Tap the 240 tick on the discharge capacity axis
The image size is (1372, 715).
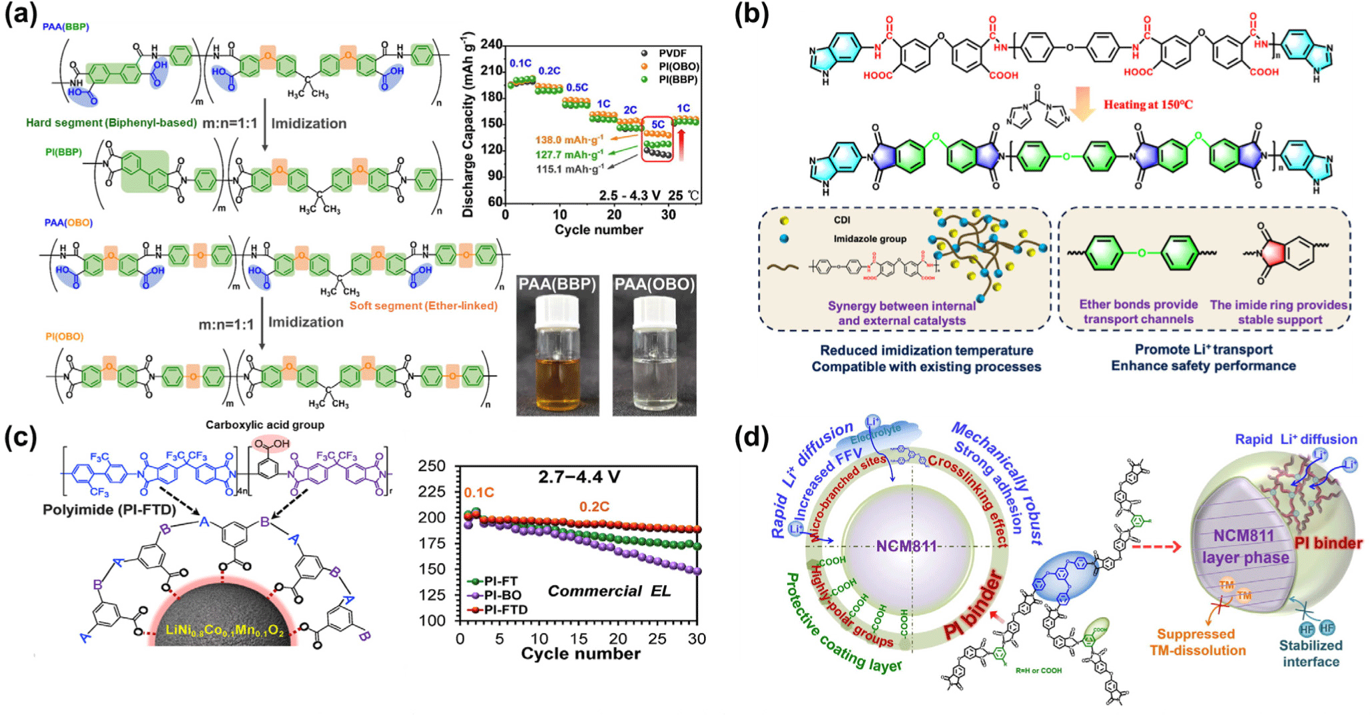[x=492, y=45]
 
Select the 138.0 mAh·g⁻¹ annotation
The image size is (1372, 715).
[x=569, y=140]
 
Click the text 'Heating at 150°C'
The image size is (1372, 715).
[x=1148, y=105]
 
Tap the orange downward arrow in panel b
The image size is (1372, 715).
[x=1083, y=104]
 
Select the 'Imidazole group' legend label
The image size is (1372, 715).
[x=870, y=239]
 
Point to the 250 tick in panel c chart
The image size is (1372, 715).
[x=432, y=466]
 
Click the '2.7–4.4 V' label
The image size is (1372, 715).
[x=579, y=477]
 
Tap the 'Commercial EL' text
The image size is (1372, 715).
[x=609, y=591]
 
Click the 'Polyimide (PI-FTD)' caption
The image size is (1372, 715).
[x=109, y=510]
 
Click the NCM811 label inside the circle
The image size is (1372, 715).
[x=906, y=546]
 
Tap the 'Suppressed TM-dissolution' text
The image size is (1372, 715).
[x=1197, y=642]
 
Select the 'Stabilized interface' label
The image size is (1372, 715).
[x=1311, y=653]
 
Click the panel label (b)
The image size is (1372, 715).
[x=751, y=15]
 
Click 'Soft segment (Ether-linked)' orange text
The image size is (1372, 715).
[x=424, y=306]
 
